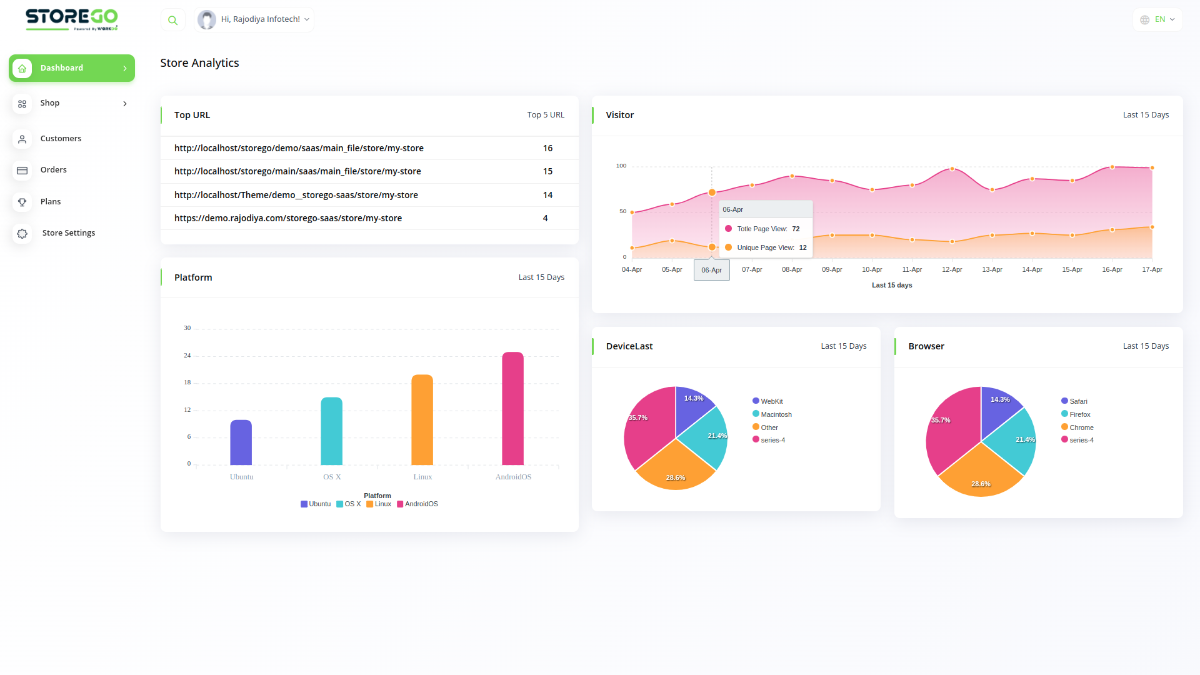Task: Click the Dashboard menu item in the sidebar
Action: (x=62, y=68)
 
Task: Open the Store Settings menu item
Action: (x=68, y=233)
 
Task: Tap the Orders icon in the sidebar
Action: (x=22, y=170)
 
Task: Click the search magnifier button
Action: (x=173, y=20)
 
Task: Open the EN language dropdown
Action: (x=1157, y=20)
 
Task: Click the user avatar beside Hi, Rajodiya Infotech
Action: (x=207, y=20)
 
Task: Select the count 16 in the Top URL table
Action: (x=547, y=149)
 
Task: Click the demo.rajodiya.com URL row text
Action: (x=287, y=219)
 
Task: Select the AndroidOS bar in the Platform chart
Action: (x=512, y=409)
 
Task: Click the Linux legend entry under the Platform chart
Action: (x=379, y=504)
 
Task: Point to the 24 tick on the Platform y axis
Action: (x=187, y=356)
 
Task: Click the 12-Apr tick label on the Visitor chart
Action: (x=952, y=270)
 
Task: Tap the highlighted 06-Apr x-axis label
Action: (x=711, y=271)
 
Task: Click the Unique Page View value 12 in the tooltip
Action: (x=802, y=248)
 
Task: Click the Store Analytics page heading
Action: (x=199, y=63)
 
